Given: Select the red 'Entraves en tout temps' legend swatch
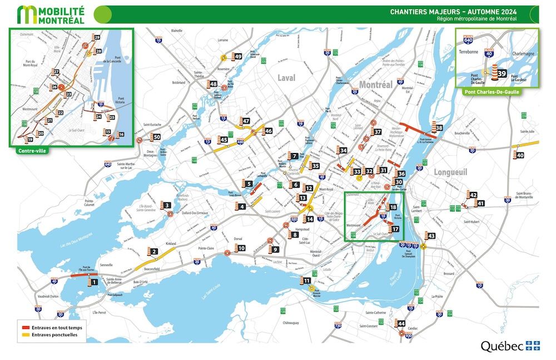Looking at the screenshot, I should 26,328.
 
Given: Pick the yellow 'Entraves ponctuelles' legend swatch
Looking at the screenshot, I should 26,335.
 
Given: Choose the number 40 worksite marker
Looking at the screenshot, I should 520,155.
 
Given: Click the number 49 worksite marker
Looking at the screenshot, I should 238,56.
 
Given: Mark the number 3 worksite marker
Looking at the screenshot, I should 167,206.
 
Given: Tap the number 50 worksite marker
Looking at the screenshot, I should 157,137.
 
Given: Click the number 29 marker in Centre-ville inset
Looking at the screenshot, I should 97,37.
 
